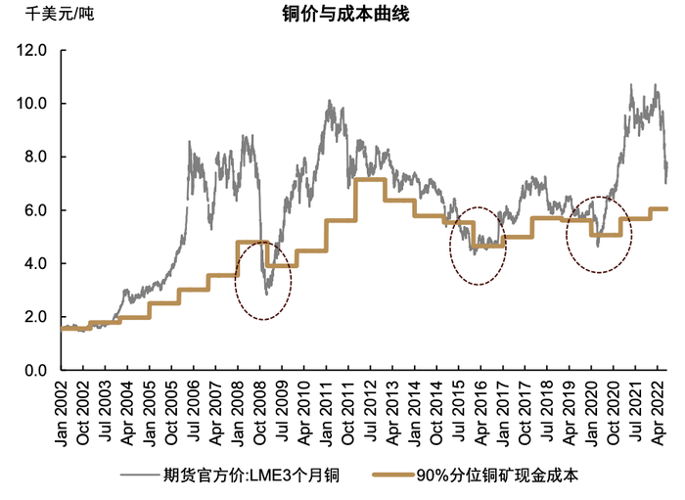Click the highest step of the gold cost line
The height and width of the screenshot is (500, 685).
pos(369,179)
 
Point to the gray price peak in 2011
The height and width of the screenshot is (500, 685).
pos(329,102)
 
